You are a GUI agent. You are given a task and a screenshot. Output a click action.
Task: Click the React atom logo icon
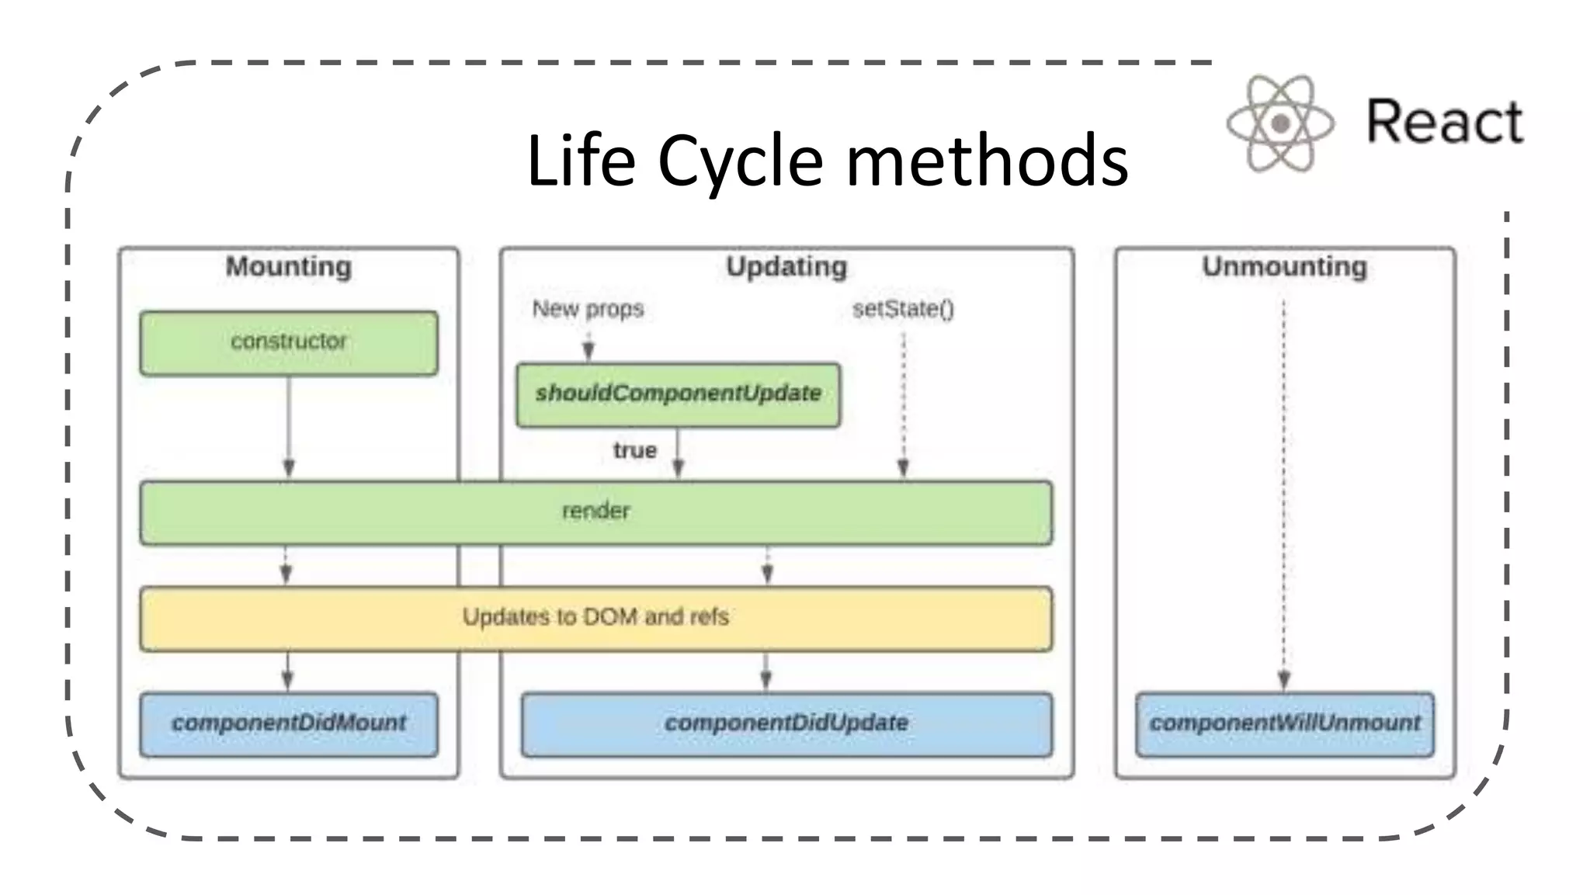1280,123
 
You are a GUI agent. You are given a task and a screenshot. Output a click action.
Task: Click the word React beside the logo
1444,122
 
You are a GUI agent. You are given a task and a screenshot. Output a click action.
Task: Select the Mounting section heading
288,266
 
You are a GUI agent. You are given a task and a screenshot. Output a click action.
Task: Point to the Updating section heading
786,266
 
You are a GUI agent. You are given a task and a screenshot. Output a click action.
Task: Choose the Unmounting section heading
1284,266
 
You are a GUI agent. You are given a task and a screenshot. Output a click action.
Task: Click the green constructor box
289,342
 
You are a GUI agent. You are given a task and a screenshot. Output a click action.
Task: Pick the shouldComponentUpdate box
678,394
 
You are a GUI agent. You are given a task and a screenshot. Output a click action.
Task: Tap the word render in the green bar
595,511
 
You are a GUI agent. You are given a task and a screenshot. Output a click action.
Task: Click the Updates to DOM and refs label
595,617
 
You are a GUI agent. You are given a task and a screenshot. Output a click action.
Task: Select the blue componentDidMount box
289,723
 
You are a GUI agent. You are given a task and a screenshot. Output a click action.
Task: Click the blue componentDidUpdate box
786,723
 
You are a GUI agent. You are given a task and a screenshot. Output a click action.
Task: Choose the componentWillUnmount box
1284,723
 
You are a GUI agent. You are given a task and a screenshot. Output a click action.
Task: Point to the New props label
588,309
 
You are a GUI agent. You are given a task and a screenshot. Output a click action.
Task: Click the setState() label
903,309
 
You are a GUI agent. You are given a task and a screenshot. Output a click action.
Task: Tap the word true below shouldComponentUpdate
634,450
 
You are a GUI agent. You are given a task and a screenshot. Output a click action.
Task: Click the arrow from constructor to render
289,427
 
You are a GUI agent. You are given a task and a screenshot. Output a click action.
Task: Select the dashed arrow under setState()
903,404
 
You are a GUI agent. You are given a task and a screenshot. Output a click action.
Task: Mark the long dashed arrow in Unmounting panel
1283,497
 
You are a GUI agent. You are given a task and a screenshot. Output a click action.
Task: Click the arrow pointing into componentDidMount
287,671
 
